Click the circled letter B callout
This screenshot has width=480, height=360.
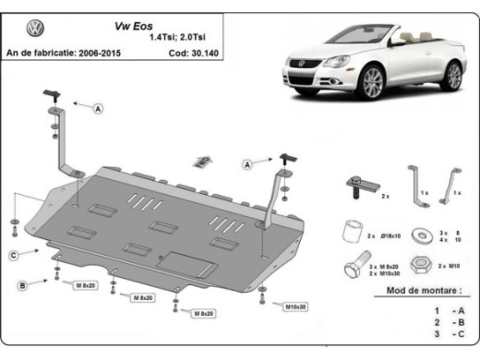[21, 285]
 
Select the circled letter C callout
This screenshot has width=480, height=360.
[14, 254]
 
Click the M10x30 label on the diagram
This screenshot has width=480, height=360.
[296, 306]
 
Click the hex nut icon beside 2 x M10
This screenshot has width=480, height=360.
[420, 265]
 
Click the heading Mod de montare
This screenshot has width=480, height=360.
[415, 291]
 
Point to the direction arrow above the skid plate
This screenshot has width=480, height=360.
[201, 162]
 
